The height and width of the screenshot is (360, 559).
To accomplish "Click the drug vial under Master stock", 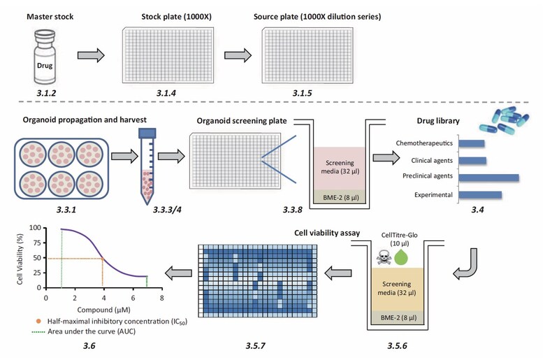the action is pyautogui.click(x=45, y=57).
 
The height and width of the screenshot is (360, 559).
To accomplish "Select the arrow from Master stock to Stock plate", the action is pyautogui.click(x=91, y=55).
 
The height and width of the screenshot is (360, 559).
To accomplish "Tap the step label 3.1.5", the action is pyautogui.click(x=303, y=93).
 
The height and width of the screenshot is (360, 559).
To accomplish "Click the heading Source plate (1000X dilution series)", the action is pyautogui.click(x=317, y=16).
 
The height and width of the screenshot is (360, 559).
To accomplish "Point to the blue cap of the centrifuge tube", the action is pyautogui.click(x=147, y=133).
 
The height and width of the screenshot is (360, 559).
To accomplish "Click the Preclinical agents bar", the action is pyautogui.click(x=488, y=178).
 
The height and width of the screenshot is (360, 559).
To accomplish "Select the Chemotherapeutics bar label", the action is pyautogui.click(x=424, y=143).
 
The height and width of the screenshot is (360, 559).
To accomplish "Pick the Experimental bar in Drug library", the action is pyautogui.click(x=480, y=195).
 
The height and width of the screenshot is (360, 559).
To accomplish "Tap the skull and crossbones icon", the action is pyautogui.click(x=384, y=257).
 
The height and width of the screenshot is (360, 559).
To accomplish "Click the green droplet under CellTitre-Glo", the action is pyautogui.click(x=401, y=257).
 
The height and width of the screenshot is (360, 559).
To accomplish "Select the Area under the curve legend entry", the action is pyautogui.click(x=84, y=331).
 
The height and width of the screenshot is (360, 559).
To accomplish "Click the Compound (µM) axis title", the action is pyautogui.click(x=103, y=310).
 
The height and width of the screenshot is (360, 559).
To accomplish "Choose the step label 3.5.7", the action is pyautogui.click(x=255, y=346).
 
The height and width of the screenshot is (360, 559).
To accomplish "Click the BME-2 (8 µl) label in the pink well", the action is pyautogui.click(x=341, y=197).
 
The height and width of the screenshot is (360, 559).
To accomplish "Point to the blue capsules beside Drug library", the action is pyautogui.click(x=504, y=120).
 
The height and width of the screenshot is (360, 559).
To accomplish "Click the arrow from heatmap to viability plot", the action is pyautogui.click(x=178, y=273).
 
